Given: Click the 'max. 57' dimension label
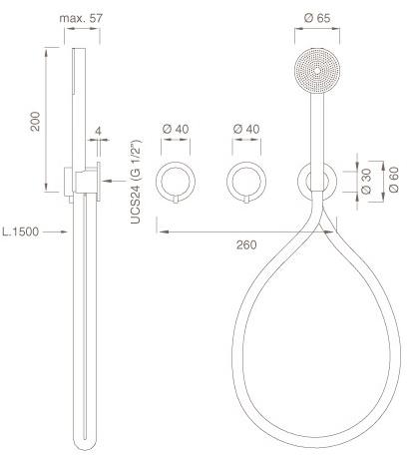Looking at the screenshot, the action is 81,18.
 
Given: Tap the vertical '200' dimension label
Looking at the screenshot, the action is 35,122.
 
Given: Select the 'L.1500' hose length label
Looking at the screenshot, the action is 21,231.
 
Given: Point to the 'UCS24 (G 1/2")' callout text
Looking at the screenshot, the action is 136,182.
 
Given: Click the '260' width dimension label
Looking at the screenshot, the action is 246,244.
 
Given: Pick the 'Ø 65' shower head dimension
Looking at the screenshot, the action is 317,18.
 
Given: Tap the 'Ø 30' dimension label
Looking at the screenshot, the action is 366,181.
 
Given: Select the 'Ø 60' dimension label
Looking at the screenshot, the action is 393,180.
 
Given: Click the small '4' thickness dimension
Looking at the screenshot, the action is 98,131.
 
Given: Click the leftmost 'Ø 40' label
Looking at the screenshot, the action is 176,129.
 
